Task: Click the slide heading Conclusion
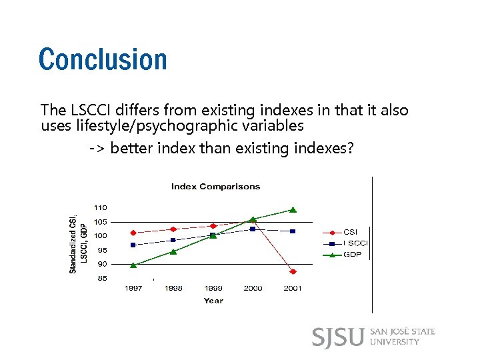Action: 103,59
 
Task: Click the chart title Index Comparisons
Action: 215,187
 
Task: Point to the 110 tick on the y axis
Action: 99,208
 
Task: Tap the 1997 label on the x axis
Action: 134,289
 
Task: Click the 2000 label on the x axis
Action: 253,289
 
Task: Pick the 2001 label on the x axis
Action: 293,289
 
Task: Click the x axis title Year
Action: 213,301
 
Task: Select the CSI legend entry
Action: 350,232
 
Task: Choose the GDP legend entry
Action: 352,254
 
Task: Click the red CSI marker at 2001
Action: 293,271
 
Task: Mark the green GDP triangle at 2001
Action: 293,209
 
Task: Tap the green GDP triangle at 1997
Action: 133,265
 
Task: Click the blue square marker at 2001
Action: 293,231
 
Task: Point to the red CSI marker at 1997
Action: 133,233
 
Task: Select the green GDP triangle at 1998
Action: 173,251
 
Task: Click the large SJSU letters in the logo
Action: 338,337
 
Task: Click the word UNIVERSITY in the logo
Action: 394,342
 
